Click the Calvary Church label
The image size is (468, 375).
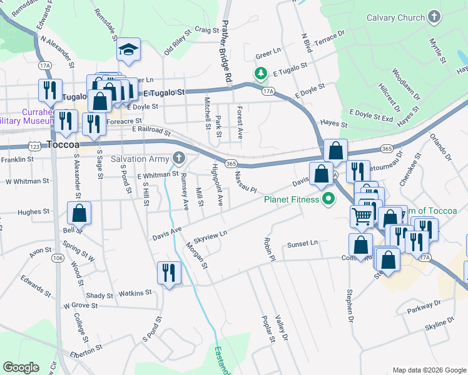(395, 17)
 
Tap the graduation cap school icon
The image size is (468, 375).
(128, 50)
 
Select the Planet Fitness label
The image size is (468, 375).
(291, 200)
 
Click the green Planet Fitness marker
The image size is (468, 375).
(328, 200)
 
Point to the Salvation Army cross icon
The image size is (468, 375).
(180, 158)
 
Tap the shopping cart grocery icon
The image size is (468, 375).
(362, 216)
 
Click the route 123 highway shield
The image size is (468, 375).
(34, 146)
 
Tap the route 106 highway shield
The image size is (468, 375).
(58, 258)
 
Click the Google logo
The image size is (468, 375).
(21, 367)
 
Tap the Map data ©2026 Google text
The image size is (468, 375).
(429, 370)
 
